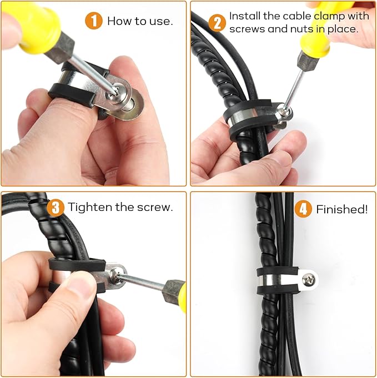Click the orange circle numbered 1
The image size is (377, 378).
[x=94, y=21]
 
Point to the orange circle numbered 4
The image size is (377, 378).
[x=303, y=209]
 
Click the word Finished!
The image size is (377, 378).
[x=341, y=209]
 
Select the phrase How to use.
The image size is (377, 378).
[x=139, y=22]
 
